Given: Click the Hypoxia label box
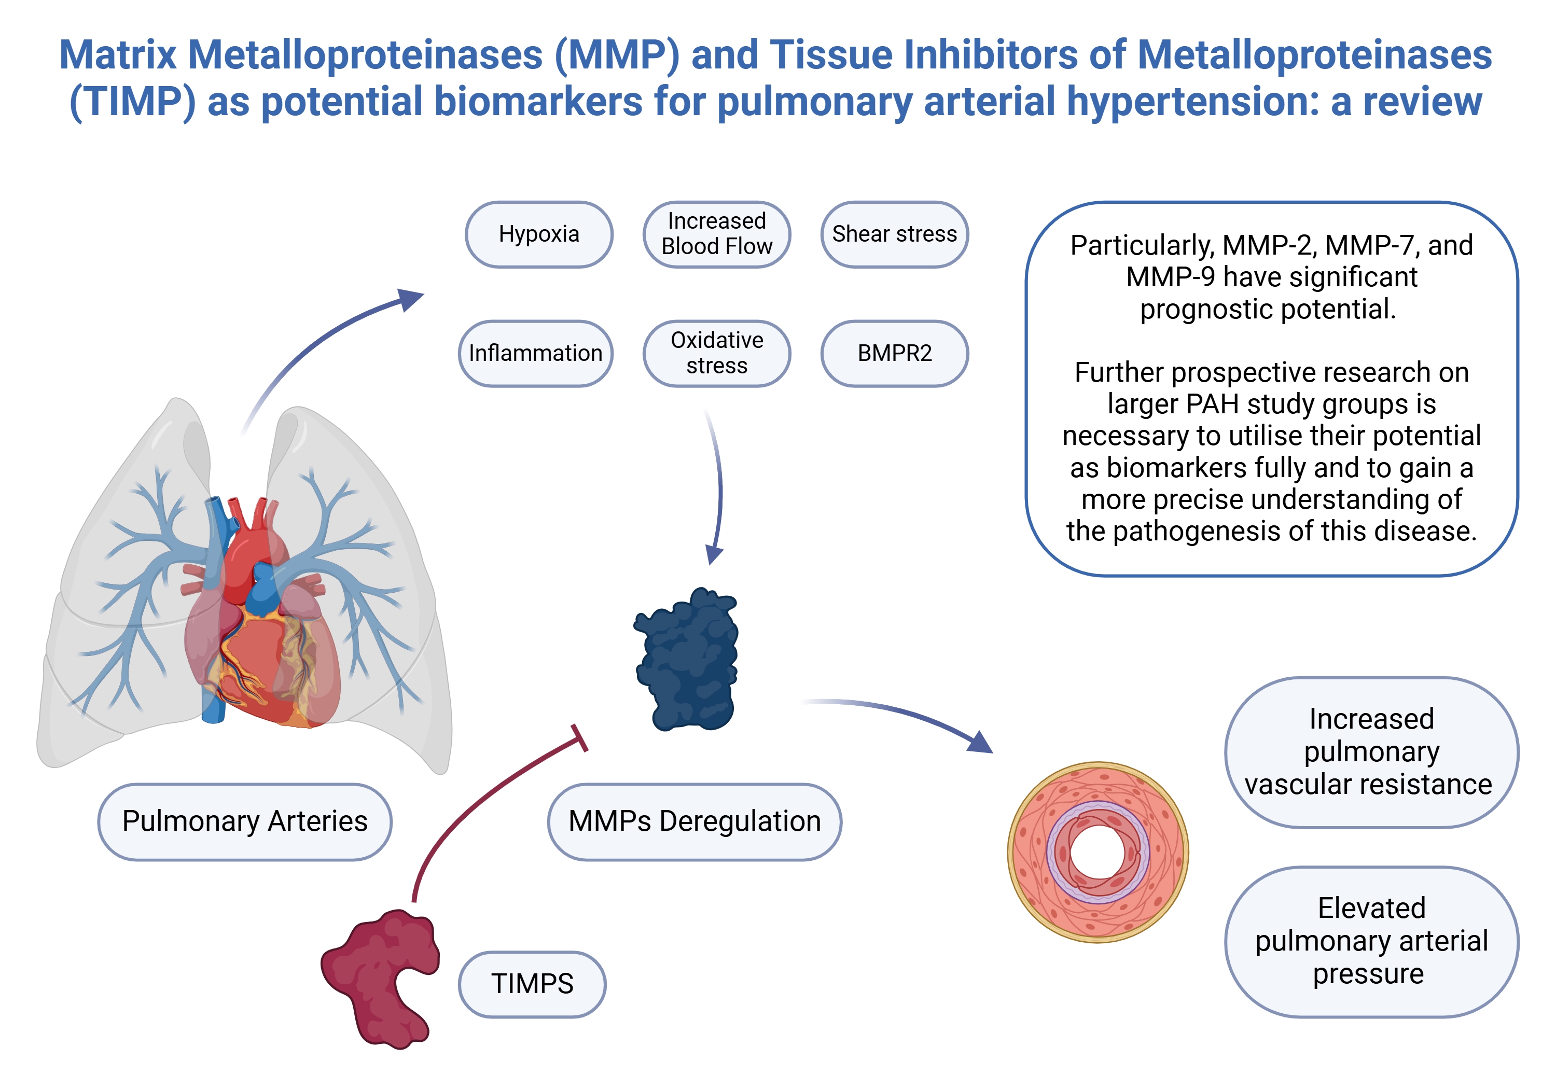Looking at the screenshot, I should point(539,234).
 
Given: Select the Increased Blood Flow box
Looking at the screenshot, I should point(716,234).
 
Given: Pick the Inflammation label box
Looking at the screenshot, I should point(535,353).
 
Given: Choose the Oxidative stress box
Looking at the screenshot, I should point(716,353).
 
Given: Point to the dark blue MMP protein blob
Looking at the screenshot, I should point(688,661).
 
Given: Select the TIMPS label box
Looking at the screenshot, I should point(532,984).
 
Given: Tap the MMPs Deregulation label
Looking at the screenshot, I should point(694,821).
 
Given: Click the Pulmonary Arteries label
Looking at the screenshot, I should point(245,821).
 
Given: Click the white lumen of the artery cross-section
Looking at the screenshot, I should point(1098,853).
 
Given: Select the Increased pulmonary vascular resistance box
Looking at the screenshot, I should point(1370,752).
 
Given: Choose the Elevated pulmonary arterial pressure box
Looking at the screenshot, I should point(1370,941).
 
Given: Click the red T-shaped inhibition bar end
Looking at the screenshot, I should point(579,738).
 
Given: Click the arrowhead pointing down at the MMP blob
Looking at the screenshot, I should point(714,554).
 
